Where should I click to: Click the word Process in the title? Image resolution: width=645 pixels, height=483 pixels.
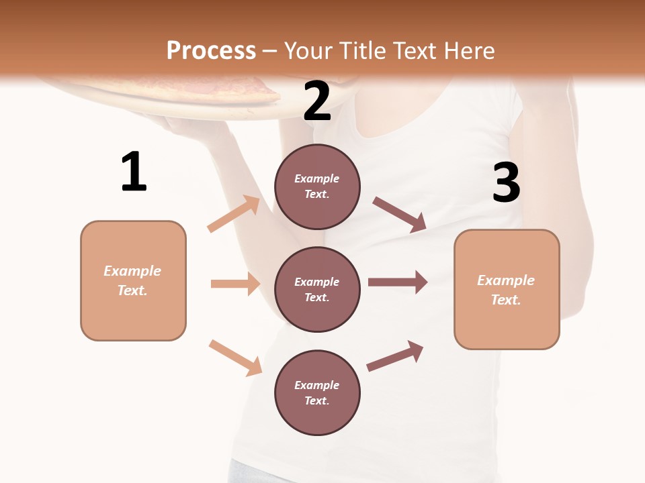[x=211, y=51]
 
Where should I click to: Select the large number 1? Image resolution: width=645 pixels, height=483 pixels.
[x=134, y=172]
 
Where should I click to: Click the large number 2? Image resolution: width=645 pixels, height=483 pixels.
[x=317, y=101]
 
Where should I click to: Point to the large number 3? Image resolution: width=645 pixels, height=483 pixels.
[x=506, y=182]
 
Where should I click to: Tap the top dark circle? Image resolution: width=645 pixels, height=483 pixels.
[x=317, y=186]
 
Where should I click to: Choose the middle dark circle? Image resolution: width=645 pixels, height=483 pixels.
[x=317, y=289]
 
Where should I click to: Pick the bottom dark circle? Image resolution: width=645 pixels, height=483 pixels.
[x=317, y=392]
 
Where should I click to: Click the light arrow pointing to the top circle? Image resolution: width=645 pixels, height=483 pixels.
[x=234, y=213]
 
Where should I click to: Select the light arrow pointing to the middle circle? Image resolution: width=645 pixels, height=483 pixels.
[x=235, y=284]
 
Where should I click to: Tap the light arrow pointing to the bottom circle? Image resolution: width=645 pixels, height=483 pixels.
[x=235, y=357]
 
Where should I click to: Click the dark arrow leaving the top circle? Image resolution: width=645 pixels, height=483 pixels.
[x=399, y=214]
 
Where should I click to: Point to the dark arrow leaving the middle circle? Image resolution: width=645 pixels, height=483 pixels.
[x=398, y=282]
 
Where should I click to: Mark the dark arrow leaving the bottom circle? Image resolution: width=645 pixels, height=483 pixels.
[x=395, y=356]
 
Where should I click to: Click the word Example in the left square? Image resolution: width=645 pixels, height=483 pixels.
[x=132, y=271]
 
